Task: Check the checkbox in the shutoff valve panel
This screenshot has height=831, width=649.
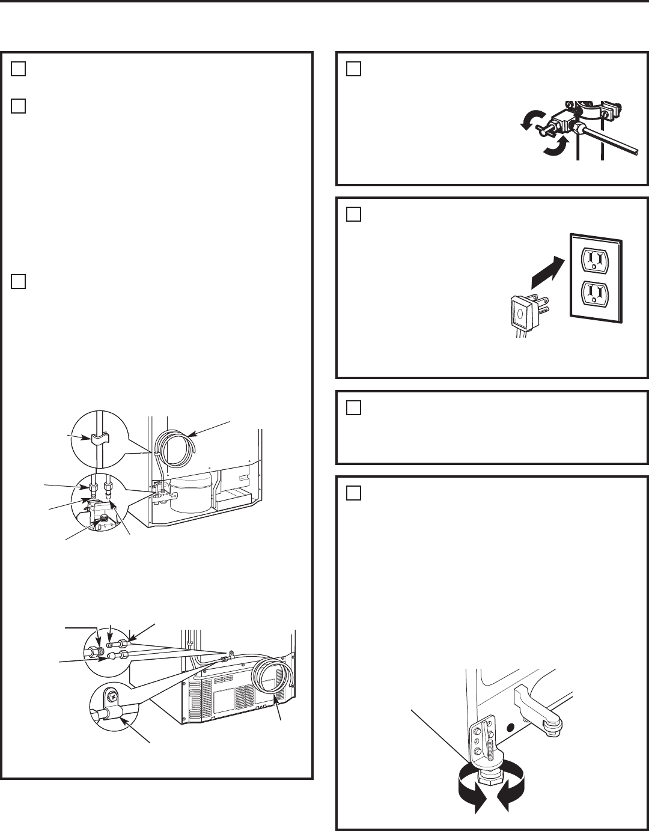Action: (353, 69)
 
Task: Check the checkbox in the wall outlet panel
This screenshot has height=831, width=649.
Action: (353, 215)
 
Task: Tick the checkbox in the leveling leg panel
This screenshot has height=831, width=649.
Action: (353, 493)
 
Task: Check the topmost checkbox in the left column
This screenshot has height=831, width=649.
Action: (18, 69)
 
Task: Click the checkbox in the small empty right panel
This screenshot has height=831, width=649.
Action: (353, 408)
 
